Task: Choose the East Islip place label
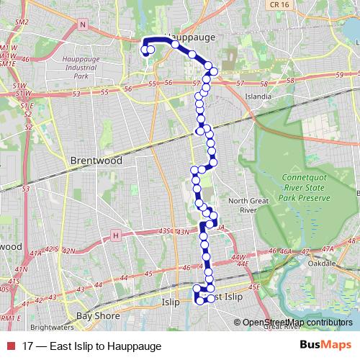223,297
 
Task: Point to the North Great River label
243,205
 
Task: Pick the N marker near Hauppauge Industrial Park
83,24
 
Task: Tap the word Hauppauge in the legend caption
135,346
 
